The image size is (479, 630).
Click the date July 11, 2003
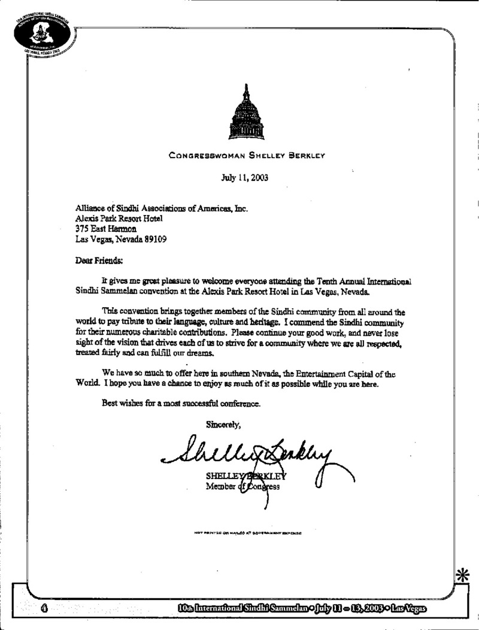click(245, 177)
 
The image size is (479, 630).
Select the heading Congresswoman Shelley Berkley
click(246, 156)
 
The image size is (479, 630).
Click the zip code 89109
click(154, 239)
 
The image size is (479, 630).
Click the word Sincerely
click(223, 425)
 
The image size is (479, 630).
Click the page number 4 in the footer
click(44, 609)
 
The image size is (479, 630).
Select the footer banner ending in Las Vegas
click(298, 609)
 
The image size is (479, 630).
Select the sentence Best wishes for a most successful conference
click(181, 404)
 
